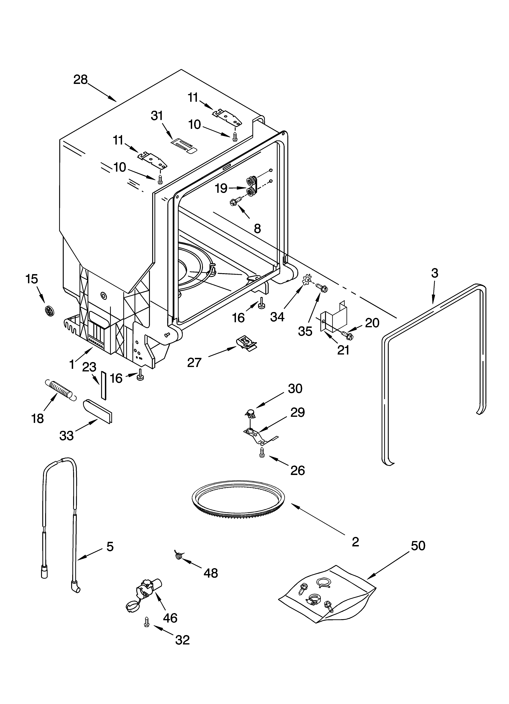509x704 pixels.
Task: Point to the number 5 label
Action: pyautogui.click(x=110, y=546)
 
